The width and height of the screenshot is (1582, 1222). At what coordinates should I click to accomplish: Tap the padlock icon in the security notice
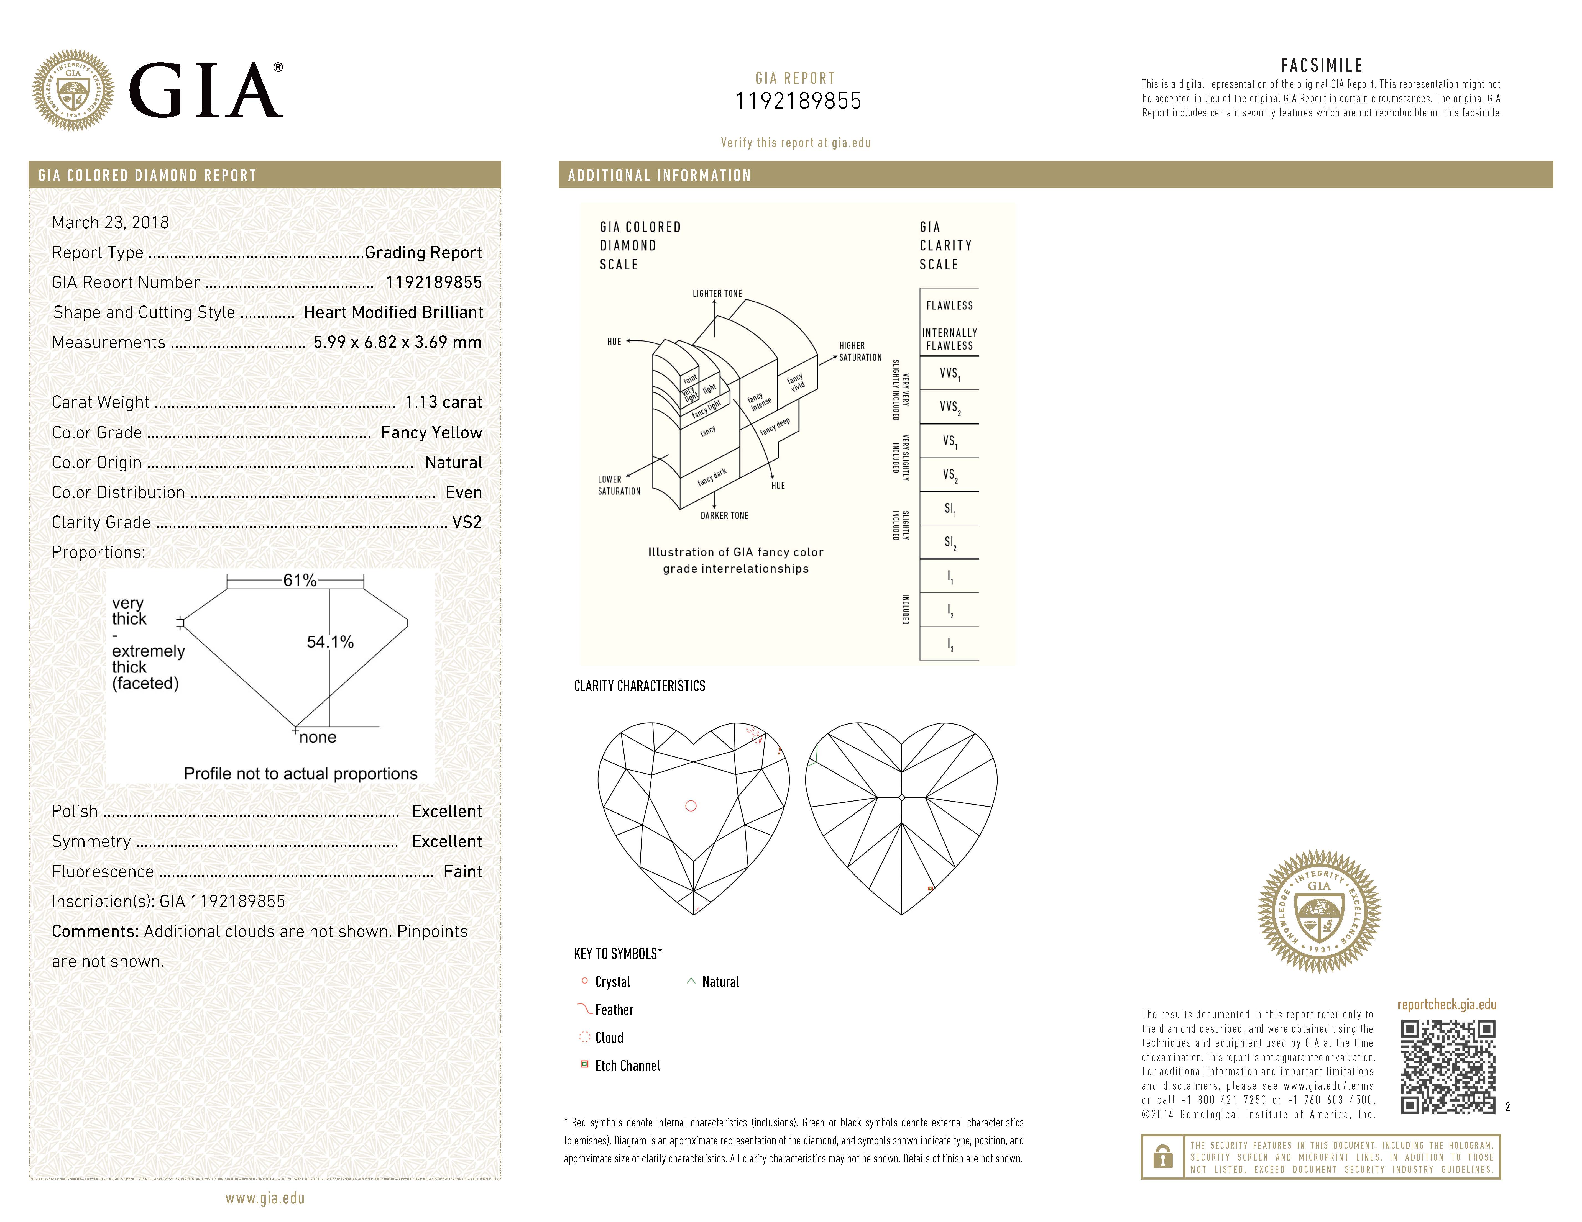(x=1162, y=1157)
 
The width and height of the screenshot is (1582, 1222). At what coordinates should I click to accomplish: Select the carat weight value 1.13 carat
(x=443, y=402)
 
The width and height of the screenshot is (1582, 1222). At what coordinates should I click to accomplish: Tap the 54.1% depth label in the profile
(x=330, y=642)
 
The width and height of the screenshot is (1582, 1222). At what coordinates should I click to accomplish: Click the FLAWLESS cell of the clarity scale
(x=949, y=305)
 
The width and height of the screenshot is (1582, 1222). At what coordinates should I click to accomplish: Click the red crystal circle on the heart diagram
(x=691, y=806)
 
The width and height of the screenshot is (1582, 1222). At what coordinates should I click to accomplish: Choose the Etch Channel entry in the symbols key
(x=627, y=1066)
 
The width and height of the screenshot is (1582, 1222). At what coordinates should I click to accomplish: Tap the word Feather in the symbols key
(x=614, y=1010)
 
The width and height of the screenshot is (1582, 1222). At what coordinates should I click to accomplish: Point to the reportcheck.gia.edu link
(x=1446, y=1005)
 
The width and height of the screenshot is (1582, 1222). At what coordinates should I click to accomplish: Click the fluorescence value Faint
(x=462, y=872)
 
